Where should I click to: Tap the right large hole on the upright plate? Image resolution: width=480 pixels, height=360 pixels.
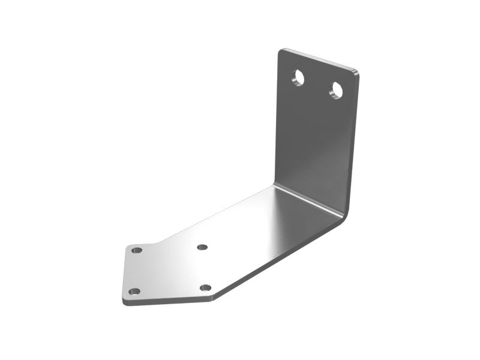tap(336, 91)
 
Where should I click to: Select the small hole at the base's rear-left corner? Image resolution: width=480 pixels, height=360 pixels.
tap(137, 250)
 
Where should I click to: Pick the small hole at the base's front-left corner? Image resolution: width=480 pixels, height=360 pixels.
tap(134, 292)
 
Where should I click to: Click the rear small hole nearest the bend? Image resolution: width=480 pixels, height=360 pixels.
tap(202, 247)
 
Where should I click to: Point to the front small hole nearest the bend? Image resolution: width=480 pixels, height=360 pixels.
tap(206, 288)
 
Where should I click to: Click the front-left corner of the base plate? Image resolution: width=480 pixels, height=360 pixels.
tap(125, 299)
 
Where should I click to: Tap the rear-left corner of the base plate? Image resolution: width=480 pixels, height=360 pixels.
tap(128, 245)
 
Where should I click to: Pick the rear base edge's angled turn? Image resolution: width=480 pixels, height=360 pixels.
tap(157, 243)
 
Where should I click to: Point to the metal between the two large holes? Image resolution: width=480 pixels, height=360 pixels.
tap(317, 84)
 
